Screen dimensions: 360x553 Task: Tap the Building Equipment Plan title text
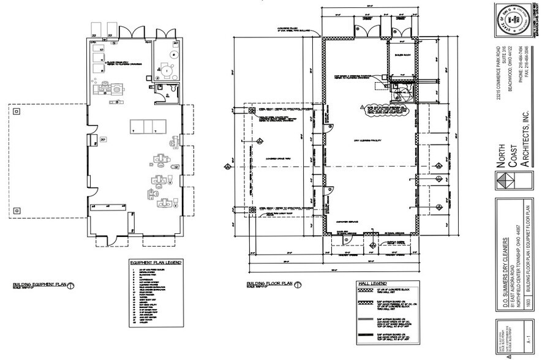(x=39, y=285)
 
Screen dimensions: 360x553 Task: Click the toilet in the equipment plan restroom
(x=174, y=90)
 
